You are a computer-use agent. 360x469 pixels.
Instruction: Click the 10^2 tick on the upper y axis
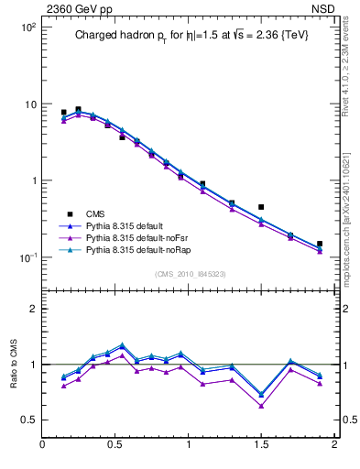click(27, 27)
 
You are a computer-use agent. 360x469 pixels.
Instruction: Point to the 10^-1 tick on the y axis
click(27, 257)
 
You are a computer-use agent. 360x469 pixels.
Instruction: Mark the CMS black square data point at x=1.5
click(261, 207)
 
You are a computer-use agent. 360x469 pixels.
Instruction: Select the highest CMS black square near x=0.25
click(78, 109)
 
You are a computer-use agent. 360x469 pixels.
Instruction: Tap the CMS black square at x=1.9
click(320, 244)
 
